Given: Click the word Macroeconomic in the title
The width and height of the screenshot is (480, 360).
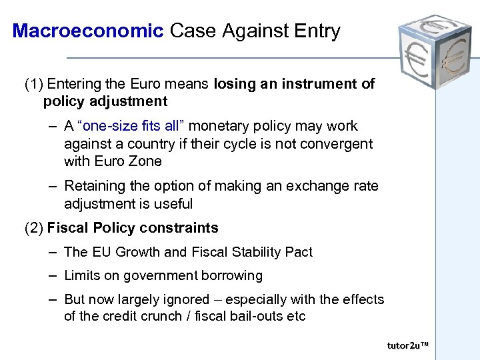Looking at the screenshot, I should tap(87, 31).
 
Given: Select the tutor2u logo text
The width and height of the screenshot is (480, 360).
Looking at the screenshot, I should tap(407, 345).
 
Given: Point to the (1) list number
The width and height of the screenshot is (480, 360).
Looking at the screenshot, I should tap(33, 84).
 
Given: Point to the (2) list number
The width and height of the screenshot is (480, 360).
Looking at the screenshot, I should tap(33, 228).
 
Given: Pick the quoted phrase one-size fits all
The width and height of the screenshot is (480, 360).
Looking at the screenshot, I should tap(133, 126).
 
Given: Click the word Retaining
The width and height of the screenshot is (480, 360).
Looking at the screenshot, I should tap(93, 187).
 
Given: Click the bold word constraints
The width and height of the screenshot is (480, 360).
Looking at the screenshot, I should tap(180, 228).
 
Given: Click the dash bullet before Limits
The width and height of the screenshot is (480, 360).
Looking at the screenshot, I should tap(52, 275).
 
